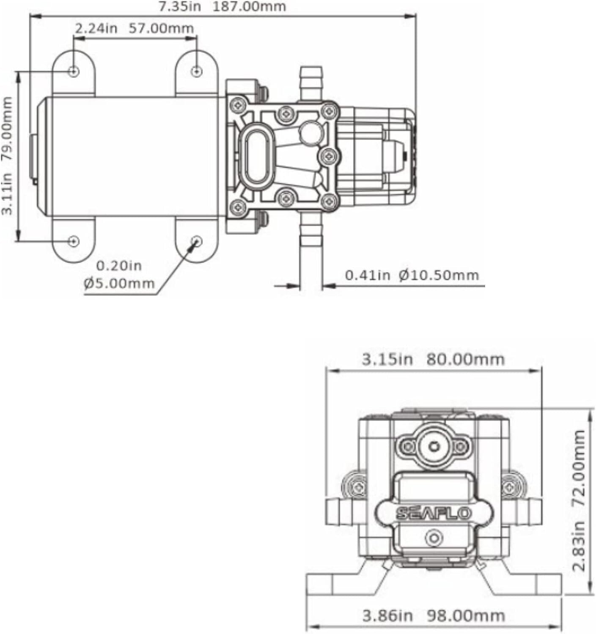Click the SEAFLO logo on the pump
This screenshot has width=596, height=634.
(x=433, y=513)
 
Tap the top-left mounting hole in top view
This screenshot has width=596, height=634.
(x=74, y=71)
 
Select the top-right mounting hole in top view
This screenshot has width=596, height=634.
(x=196, y=71)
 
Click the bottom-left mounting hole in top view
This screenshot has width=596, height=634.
(x=74, y=241)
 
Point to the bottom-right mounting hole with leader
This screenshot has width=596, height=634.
(x=197, y=241)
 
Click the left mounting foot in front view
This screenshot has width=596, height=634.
(x=334, y=584)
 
